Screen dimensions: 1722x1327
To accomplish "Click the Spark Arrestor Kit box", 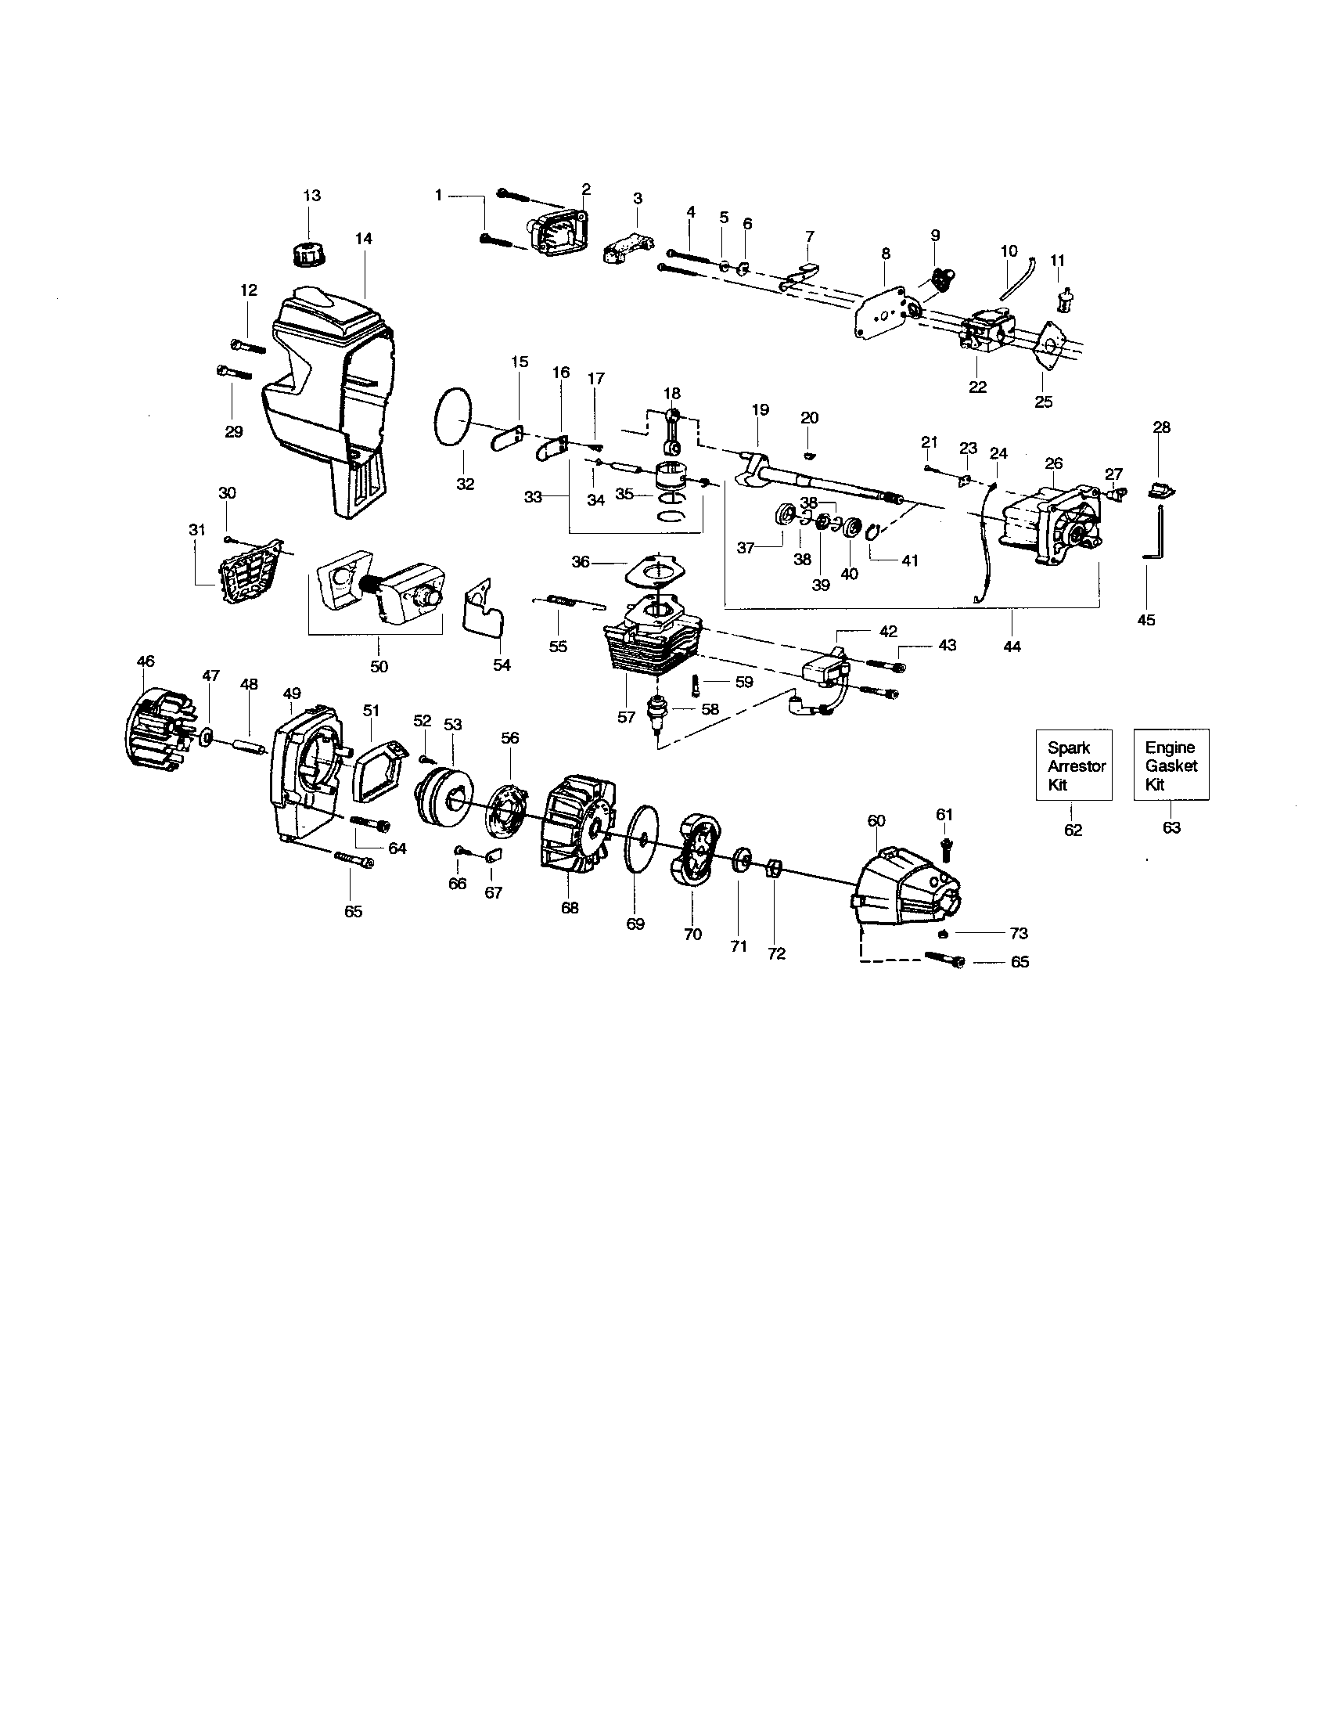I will (1073, 765).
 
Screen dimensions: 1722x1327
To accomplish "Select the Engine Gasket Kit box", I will (1171, 765).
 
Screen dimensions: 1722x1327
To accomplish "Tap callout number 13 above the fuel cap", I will (311, 196).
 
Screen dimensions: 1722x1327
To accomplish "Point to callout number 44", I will (1012, 647).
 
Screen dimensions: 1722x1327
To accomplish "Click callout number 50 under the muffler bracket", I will (379, 666).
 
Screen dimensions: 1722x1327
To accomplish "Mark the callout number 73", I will (1019, 934).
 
